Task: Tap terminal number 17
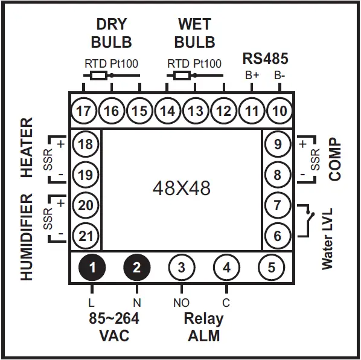pos(84,111)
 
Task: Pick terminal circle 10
pos(278,111)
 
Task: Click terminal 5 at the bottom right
pos(271,267)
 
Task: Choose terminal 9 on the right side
pos(278,144)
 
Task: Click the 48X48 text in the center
pos(181,188)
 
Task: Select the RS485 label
pos(265,59)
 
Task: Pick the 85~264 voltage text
pos(114,318)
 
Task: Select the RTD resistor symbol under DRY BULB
pos(98,76)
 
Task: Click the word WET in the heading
pos(194,24)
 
